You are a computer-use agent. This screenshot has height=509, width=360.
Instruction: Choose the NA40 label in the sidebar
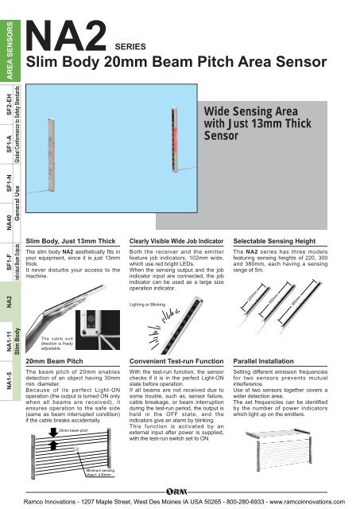click(x=9, y=216)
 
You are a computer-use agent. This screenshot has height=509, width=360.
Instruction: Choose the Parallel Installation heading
click(x=269, y=360)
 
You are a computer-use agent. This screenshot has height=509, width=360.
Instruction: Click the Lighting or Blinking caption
click(x=152, y=305)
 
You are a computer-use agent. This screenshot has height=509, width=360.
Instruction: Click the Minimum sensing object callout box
click(x=101, y=475)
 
